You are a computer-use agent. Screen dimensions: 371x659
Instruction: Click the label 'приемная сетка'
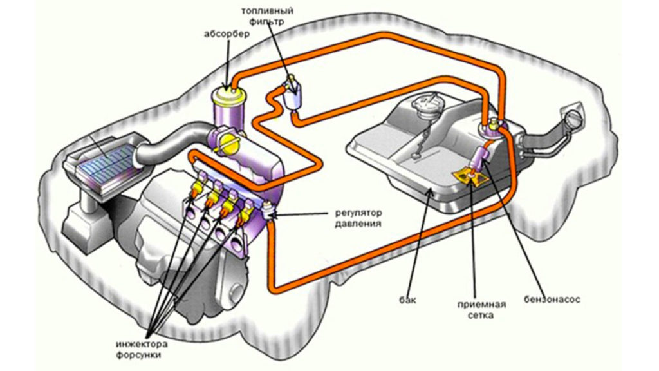pyautogui.click(x=477, y=310)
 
